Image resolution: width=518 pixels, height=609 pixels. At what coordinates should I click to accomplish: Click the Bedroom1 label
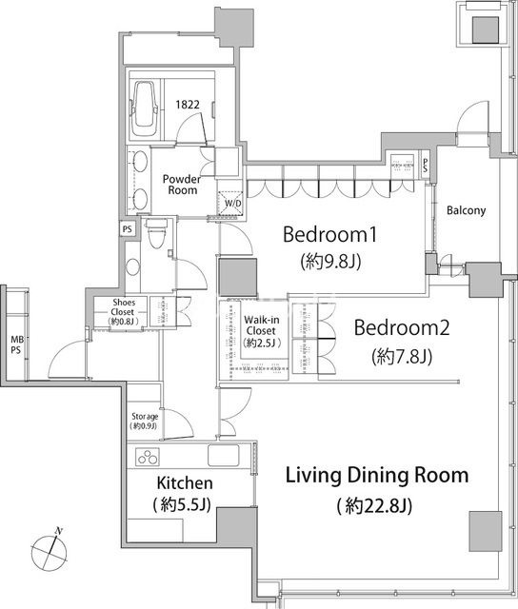pyautogui.click(x=329, y=235)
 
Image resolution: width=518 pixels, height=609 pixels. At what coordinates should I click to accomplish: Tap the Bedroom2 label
pyautogui.click(x=402, y=327)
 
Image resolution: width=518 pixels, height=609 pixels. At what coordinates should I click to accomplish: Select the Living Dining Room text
pyautogui.click(x=377, y=476)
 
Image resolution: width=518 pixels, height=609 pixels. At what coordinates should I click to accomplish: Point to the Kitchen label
pyautogui.click(x=185, y=483)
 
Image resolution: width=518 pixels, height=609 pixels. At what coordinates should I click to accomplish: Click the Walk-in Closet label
pyautogui.click(x=261, y=325)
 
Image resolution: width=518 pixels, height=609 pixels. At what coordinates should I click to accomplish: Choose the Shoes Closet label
pyautogui.click(x=124, y=306)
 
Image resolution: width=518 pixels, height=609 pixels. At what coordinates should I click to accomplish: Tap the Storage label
pyautogui.click(x=145, y=417)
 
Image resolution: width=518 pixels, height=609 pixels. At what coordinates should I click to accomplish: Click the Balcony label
pyautogui.click(x=466, y=210)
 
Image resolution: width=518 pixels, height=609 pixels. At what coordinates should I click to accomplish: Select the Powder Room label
pyautogui.click(x=182, y=185)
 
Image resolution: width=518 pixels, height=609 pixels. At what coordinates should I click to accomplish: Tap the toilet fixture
pyautogui.click(x=156, y=233)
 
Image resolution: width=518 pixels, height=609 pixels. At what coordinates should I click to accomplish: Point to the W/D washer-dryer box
pyautogui.click(x=230, y=203)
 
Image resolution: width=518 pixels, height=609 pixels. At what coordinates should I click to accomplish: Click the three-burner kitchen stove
pyautogui.click(x=148, y=457)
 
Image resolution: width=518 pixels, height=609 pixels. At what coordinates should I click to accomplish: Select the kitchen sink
pyautogui.click(x=224, y=455)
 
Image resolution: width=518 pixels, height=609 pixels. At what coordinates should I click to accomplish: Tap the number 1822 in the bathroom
pyautogui.click(x=188, y=105)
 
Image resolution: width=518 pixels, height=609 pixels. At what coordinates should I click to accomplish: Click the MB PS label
pyautogui.click(x=16, y=344)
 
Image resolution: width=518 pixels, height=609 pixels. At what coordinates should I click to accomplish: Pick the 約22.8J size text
pyautogui.click(x=374, y=505)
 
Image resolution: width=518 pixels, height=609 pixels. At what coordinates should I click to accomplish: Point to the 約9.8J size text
pyautogui.click(x=330, y=262)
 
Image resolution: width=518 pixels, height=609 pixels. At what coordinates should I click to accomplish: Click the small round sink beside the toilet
pyautogui.click(x=133, y=266)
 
